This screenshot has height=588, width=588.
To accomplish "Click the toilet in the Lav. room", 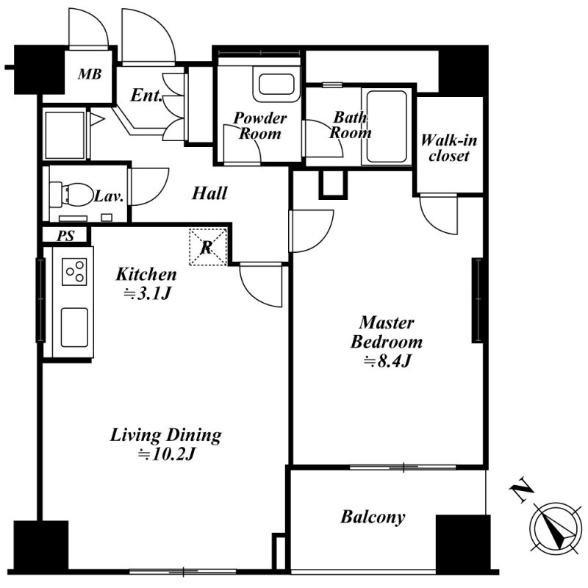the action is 71,194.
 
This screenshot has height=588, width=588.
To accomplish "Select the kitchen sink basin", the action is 75,327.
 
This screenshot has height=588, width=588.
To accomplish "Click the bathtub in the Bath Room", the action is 387,126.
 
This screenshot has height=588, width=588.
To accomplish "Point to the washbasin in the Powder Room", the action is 276,85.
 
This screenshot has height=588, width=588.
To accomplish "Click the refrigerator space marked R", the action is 208,247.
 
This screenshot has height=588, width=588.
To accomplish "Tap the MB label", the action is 90,74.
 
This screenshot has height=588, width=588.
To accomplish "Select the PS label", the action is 65,236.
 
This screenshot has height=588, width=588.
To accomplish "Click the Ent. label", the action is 146,96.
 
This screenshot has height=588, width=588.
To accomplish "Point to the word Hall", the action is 209,193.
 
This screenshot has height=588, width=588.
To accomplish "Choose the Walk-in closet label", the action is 449,148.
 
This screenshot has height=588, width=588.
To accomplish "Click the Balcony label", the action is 373,517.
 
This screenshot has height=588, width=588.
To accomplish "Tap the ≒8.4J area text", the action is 387,361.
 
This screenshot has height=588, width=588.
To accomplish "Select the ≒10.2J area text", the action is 166,454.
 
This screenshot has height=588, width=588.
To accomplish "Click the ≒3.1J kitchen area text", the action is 148,293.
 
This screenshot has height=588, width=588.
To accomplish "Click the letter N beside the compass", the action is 522,490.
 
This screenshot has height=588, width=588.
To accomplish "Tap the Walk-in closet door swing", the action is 438,215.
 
